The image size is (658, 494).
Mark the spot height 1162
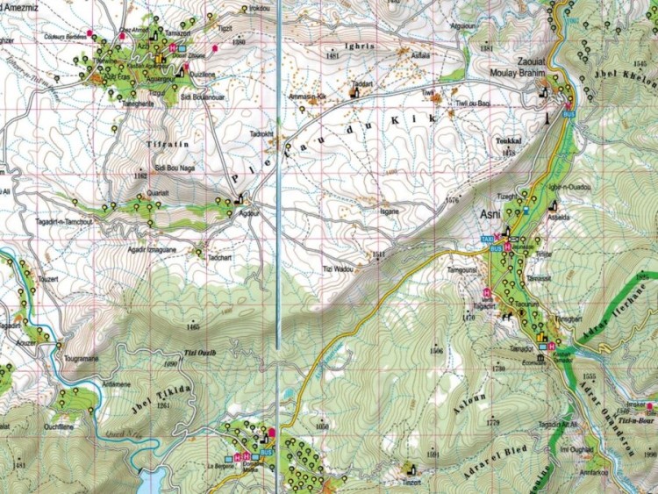pyautogui.click(x=139, y=176)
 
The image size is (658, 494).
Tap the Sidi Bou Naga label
pyautogui.click(x=172, y=166)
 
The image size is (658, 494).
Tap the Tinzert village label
pyautogui.click(x=413, y=482)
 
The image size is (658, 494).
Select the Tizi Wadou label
pyautogui.click(x=338, y=268)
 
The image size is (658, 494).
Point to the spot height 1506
pyautogui.click(x=436, y=351)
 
